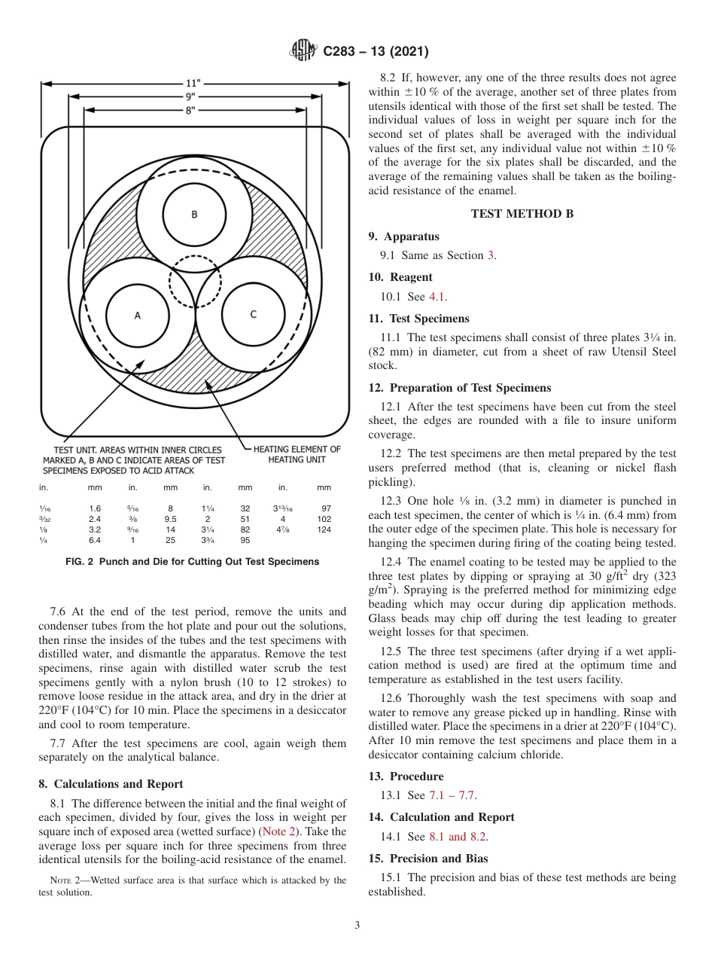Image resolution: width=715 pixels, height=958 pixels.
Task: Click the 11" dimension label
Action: [193, 84]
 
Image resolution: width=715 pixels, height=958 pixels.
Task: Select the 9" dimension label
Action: [193, 97]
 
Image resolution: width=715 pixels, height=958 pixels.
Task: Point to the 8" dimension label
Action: [193, 110]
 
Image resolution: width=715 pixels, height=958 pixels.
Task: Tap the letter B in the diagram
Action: [194, 215]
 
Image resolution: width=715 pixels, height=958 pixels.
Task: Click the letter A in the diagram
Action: [137, 316]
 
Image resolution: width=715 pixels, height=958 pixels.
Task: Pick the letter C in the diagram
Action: [253, 314]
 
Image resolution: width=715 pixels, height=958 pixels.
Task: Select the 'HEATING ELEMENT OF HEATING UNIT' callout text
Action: [297, 454]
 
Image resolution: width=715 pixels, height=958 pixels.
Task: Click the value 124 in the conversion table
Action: [324, 529]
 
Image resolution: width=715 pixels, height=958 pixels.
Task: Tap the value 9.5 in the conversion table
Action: [171, 519]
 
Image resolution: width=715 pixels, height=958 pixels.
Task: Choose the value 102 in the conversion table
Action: [324, 519]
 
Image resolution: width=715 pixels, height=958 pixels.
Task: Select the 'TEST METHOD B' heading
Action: [522, 214]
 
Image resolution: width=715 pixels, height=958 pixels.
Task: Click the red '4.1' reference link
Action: [437, 297]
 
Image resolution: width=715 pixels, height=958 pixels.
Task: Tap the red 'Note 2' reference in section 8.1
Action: [278, 832]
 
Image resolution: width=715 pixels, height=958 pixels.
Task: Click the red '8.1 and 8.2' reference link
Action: [458, 837]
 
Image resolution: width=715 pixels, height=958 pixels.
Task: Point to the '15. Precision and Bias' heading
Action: [427, 859]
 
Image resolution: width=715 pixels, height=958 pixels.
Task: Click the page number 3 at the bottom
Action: [357, 926]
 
